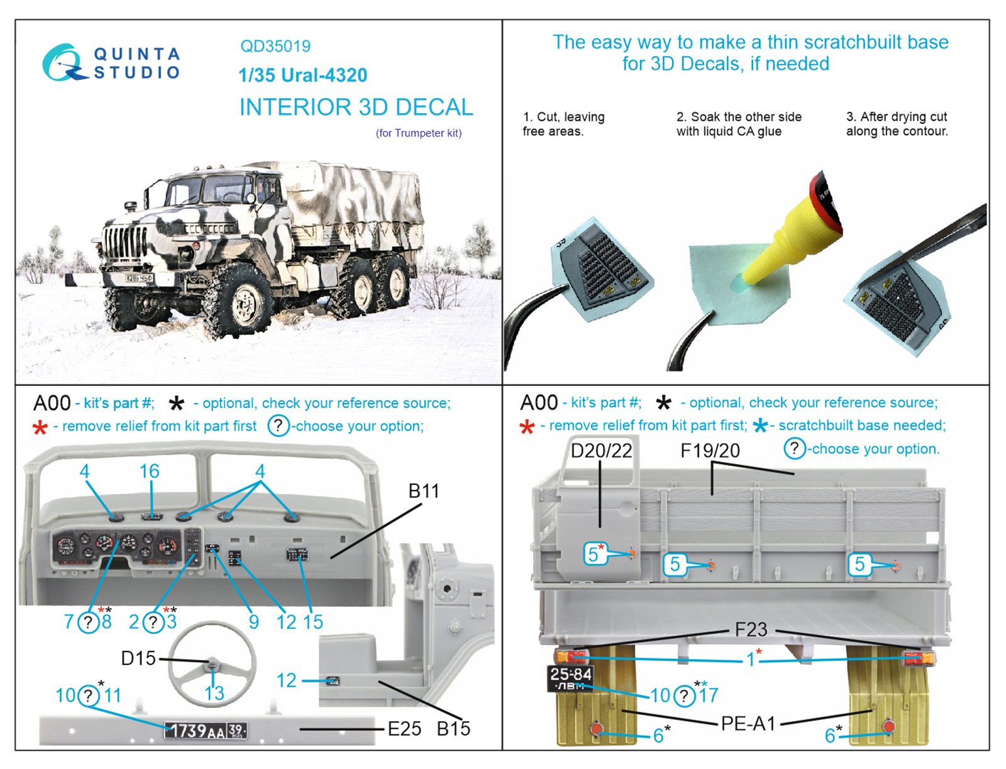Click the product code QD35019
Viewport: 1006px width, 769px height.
(x=275, y=47)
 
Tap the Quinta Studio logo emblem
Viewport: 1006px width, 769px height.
(x=64, y=63)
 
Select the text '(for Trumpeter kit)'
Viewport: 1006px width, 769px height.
(x=419, y=133)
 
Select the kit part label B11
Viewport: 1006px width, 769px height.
(x=424, y=491)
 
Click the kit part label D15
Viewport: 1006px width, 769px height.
(x=138, y=658)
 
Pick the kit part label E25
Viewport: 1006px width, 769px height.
(x=404, y=729)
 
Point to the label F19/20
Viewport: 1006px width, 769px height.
(x=710, y=451)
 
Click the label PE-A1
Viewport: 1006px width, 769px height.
(x=748, y=724)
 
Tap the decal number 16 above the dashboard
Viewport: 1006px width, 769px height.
(x=150, y=471)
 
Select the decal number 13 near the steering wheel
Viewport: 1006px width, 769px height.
(x=214, y=693)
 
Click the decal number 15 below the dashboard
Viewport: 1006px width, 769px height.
(x=312, y=622)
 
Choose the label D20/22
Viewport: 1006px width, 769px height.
(x=601, y=451)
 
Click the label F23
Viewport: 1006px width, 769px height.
(x=751, y=629)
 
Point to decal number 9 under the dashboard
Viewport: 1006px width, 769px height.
(x=253, y=622)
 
